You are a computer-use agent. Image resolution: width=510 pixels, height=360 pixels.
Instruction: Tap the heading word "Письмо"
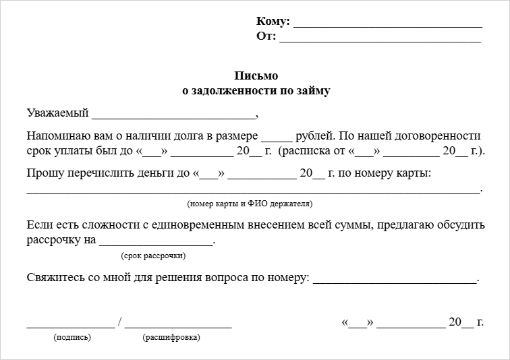click(256, 76)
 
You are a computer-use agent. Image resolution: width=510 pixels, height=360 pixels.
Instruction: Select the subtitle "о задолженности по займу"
click(256, 90)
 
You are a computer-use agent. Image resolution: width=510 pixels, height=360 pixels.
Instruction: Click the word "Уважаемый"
click(58, 113)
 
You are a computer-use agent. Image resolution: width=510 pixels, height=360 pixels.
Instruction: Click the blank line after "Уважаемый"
click(174, 115)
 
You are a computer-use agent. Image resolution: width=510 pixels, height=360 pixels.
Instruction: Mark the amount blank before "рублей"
click(277, 137)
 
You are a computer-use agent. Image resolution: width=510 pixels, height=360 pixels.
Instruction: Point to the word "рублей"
click(313, 135)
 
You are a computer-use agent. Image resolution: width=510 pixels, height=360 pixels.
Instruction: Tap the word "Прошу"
click(42, 173)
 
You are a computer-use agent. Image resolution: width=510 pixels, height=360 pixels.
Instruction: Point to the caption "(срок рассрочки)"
click(154, 256)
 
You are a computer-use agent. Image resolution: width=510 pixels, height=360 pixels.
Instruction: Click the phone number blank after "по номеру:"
click(395, 280)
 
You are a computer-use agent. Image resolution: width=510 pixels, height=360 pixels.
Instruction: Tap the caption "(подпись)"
click(72, 337)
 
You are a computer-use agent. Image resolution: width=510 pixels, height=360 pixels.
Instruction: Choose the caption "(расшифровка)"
click(171, 337)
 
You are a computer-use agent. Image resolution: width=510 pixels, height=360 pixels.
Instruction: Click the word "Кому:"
click(273, 22)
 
